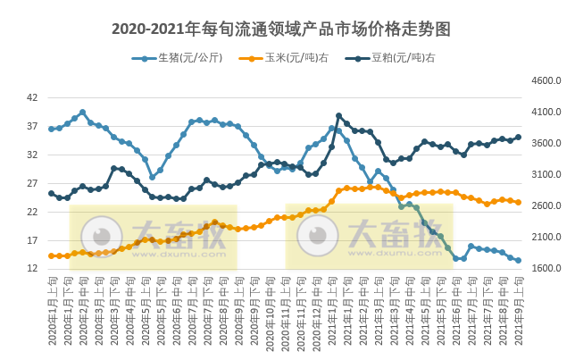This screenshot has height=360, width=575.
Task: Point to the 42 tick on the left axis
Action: [31, 97]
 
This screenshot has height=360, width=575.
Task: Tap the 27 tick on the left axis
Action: [31, 183]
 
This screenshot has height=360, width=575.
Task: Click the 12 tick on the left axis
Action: [31, 269]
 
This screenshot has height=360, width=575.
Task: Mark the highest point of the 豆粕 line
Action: [338, 116]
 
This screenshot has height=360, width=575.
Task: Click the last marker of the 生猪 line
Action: [519, 261]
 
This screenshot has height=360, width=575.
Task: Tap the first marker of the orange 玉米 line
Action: [52, 255]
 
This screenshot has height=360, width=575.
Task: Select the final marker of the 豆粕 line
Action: [519, 138]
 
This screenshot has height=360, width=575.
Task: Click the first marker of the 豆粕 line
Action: [52, 193]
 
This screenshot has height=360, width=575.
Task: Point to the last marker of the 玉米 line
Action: [519, 202]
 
